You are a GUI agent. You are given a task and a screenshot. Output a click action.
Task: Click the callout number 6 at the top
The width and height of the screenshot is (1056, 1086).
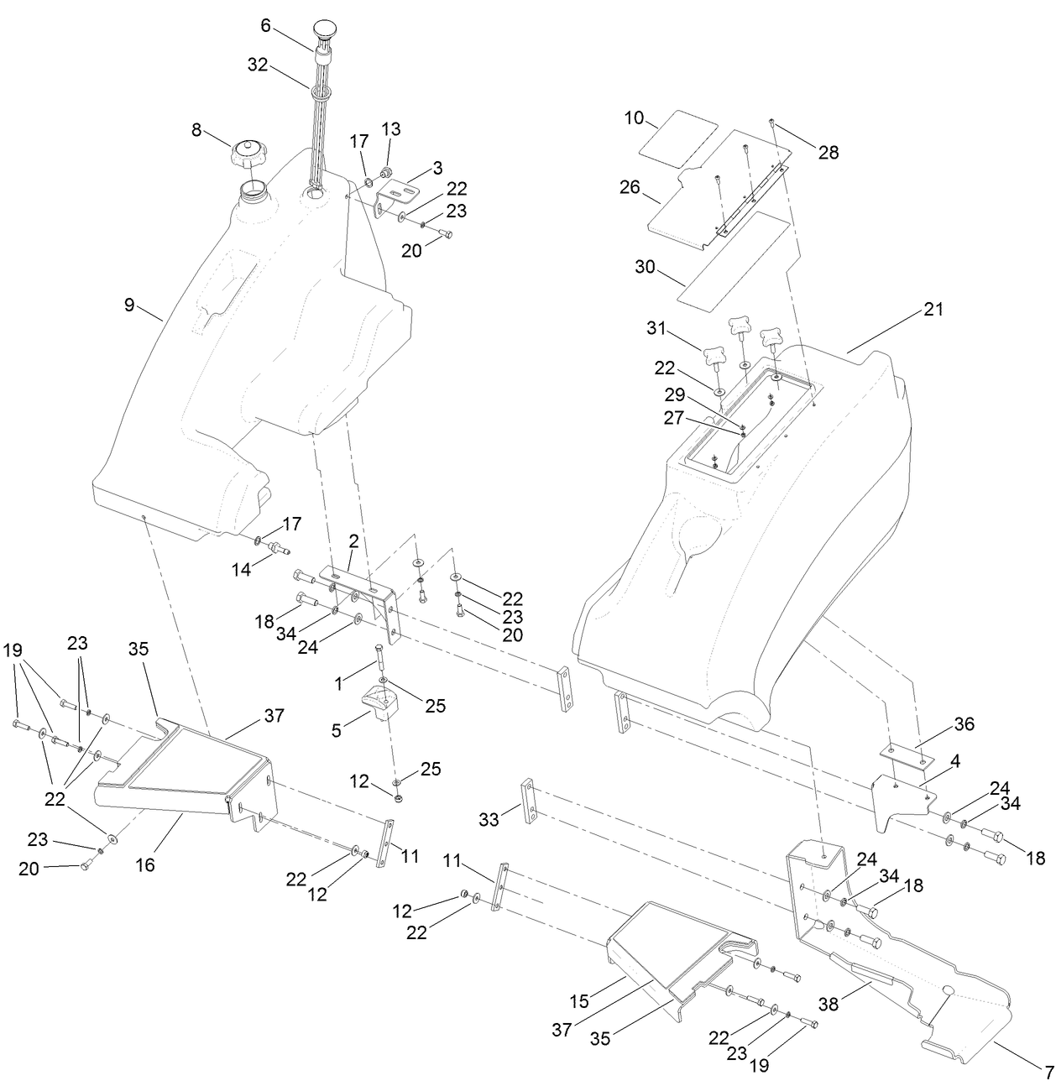(x=265, y=25)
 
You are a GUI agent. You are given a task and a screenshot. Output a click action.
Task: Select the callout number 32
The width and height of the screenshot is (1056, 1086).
(x=258, y=65)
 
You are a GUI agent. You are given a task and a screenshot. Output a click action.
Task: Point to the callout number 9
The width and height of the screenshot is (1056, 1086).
(x=129, y=305)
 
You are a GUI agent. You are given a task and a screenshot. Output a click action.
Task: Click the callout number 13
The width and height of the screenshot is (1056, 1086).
(x=391, y=129)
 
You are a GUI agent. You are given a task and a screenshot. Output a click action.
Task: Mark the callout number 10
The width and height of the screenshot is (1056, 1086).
(x=634, y=118)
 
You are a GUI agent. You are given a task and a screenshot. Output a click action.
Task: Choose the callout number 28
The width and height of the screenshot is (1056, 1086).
(x=829, y=152)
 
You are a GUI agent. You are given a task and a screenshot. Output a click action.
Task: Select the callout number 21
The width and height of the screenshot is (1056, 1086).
(x=933, y=310)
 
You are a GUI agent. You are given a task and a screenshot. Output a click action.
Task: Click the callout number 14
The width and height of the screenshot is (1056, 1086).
(x=241, y=569)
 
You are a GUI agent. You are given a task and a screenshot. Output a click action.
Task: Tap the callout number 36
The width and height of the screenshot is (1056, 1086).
(x=964, y=723)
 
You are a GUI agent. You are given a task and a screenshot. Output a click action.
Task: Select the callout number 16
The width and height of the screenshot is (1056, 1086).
(x=145, y=864)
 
